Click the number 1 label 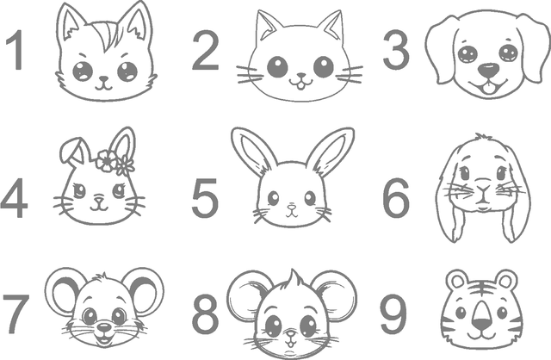click(x=15, y=50)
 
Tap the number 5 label click(x=205, y=198)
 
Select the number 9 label click(x=394, y=314)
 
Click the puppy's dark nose click(x=488, y=71)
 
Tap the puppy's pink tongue click(x=487, y=90)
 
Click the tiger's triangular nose click(x=482, y=316)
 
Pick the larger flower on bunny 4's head click(x=106, y=161)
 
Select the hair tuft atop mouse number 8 click(x=294, y=280)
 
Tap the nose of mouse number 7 click(x=104, y=327)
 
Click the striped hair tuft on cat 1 click(x=106, y=35)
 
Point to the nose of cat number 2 click(x=301, y=75)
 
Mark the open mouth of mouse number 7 click(x=104, y=339)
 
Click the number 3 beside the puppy click(x=396, y=50)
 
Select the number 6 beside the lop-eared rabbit click(x=396, y=198)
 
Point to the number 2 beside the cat click(x=206, y=50)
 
